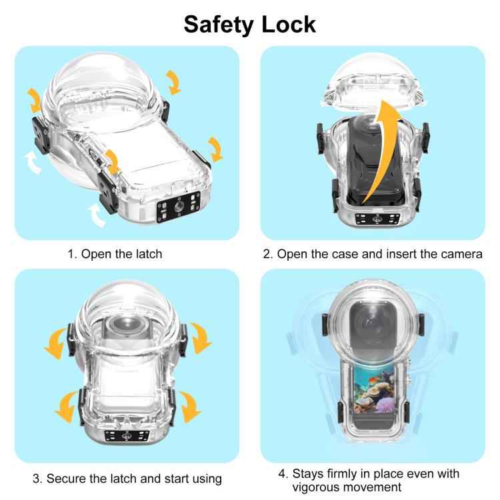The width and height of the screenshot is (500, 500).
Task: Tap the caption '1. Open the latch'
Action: (115, 254)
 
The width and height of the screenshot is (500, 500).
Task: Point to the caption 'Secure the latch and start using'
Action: (127, 478)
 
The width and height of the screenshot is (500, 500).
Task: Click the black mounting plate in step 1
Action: (179, 209)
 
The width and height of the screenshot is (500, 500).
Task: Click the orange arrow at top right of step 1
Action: (173, 83)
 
